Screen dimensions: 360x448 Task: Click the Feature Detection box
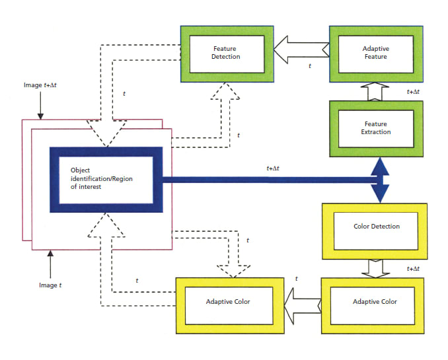coord(227,53)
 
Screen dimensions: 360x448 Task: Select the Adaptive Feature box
coord(375,53)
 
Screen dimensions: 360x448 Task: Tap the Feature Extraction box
coord(375,127)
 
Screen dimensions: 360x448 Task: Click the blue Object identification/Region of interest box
coord(106,180)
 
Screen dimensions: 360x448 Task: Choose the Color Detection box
coord(376,227)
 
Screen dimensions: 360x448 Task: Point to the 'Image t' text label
coord(50,285)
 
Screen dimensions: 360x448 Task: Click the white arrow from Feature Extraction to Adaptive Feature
coord(375,91)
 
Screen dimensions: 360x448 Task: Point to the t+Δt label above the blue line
coord(274,168)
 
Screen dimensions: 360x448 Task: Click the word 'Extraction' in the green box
coord(375,132)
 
